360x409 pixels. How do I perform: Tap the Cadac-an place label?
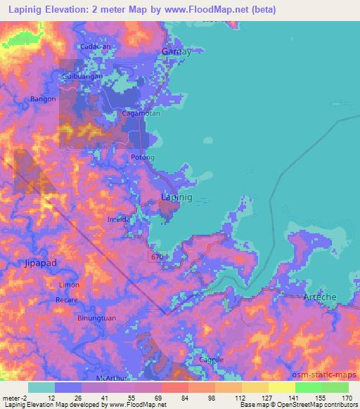click(x=96, y=46)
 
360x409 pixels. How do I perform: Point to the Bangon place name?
click(x=44, y=99)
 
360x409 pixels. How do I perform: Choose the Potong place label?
click(x=143, y=157)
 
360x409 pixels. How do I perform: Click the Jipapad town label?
click(x=30, y=265)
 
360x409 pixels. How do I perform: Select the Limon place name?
click(x=69, y=285)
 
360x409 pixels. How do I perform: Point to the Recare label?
click(x=67, y=300)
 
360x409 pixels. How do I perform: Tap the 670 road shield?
click(x=157, y=257)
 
